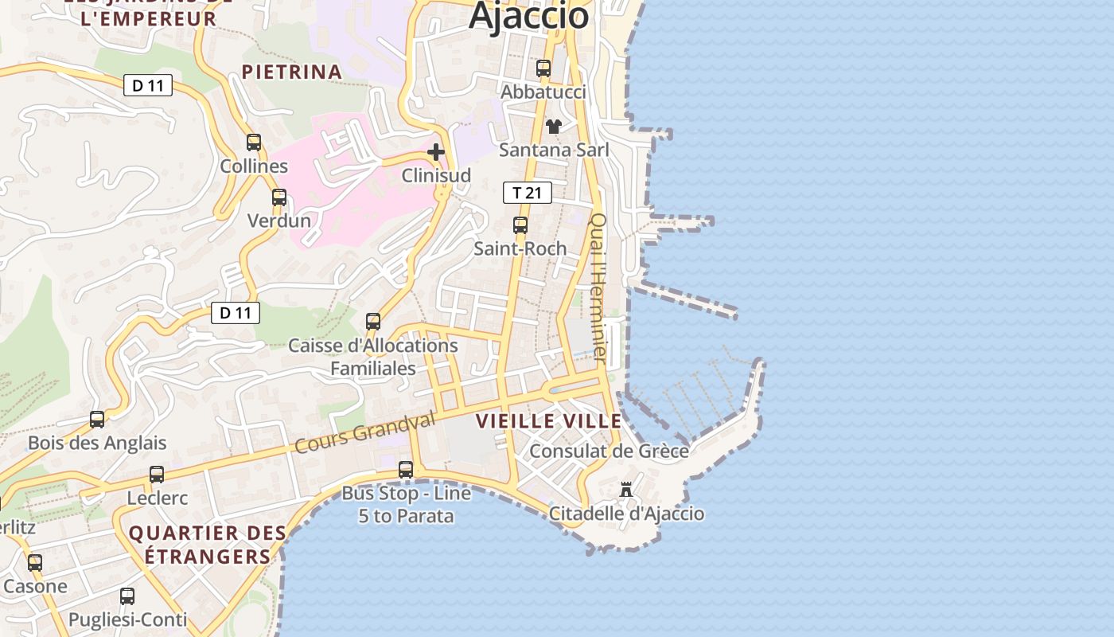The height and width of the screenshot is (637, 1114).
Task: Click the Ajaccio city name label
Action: click(x=528, y=16)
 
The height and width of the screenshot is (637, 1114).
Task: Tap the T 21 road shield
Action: click(x=527, y=193)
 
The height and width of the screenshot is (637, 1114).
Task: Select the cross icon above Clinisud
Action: click(x=435, y=151)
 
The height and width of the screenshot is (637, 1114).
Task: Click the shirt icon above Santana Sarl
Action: click(x=554, y=126)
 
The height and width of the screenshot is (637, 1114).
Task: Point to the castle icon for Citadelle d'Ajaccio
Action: click(x=626, y=489)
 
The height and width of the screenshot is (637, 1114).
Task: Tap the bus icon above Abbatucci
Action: click(x=543, y=68)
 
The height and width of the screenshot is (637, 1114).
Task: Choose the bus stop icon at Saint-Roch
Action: click(x=520, y=225)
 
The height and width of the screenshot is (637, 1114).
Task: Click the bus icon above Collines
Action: click(x=254, y=143)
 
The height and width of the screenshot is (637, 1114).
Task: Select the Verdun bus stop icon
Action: click(x=278, y=197)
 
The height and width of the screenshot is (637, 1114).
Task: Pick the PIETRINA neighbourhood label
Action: click(x=292, y=72)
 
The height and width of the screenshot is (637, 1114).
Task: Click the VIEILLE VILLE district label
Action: click(x=548, y=421)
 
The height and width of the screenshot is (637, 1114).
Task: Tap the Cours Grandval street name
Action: click(x=365, y=433)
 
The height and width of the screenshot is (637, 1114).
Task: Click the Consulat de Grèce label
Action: click(x=609, y=451)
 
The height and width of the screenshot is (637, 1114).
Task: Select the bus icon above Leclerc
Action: click(x=157, y=475)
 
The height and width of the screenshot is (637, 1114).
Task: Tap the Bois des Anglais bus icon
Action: click(x=97, y=419)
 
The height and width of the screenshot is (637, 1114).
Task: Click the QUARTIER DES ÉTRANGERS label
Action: click(x=207, y=545)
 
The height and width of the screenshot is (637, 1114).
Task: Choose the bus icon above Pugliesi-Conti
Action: click(x=127, y=596)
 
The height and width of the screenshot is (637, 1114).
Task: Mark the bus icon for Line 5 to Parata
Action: click(x=406, y=470)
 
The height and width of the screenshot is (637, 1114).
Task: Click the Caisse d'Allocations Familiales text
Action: click(x=373, y=357)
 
